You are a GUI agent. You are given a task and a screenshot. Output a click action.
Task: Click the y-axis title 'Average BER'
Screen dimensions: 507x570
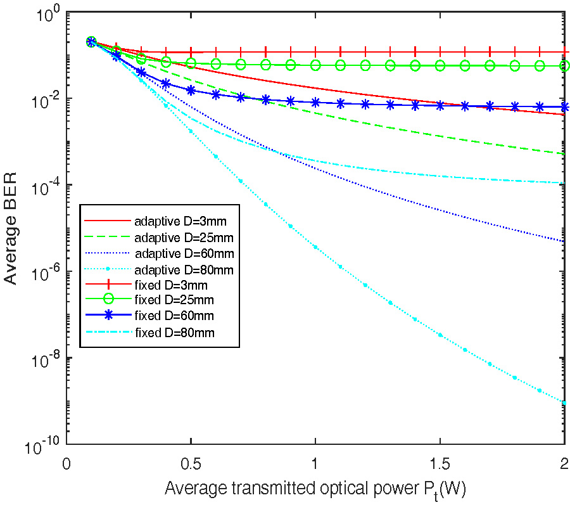(x=14, y=228)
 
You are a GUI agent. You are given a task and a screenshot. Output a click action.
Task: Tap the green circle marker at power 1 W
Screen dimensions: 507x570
(x=315, y=65)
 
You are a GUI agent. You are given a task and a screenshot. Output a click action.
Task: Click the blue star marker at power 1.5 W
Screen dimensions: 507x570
(x=440, y=106)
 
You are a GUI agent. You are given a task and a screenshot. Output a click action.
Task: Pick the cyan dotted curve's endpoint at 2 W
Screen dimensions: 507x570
(x=564, y=402)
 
